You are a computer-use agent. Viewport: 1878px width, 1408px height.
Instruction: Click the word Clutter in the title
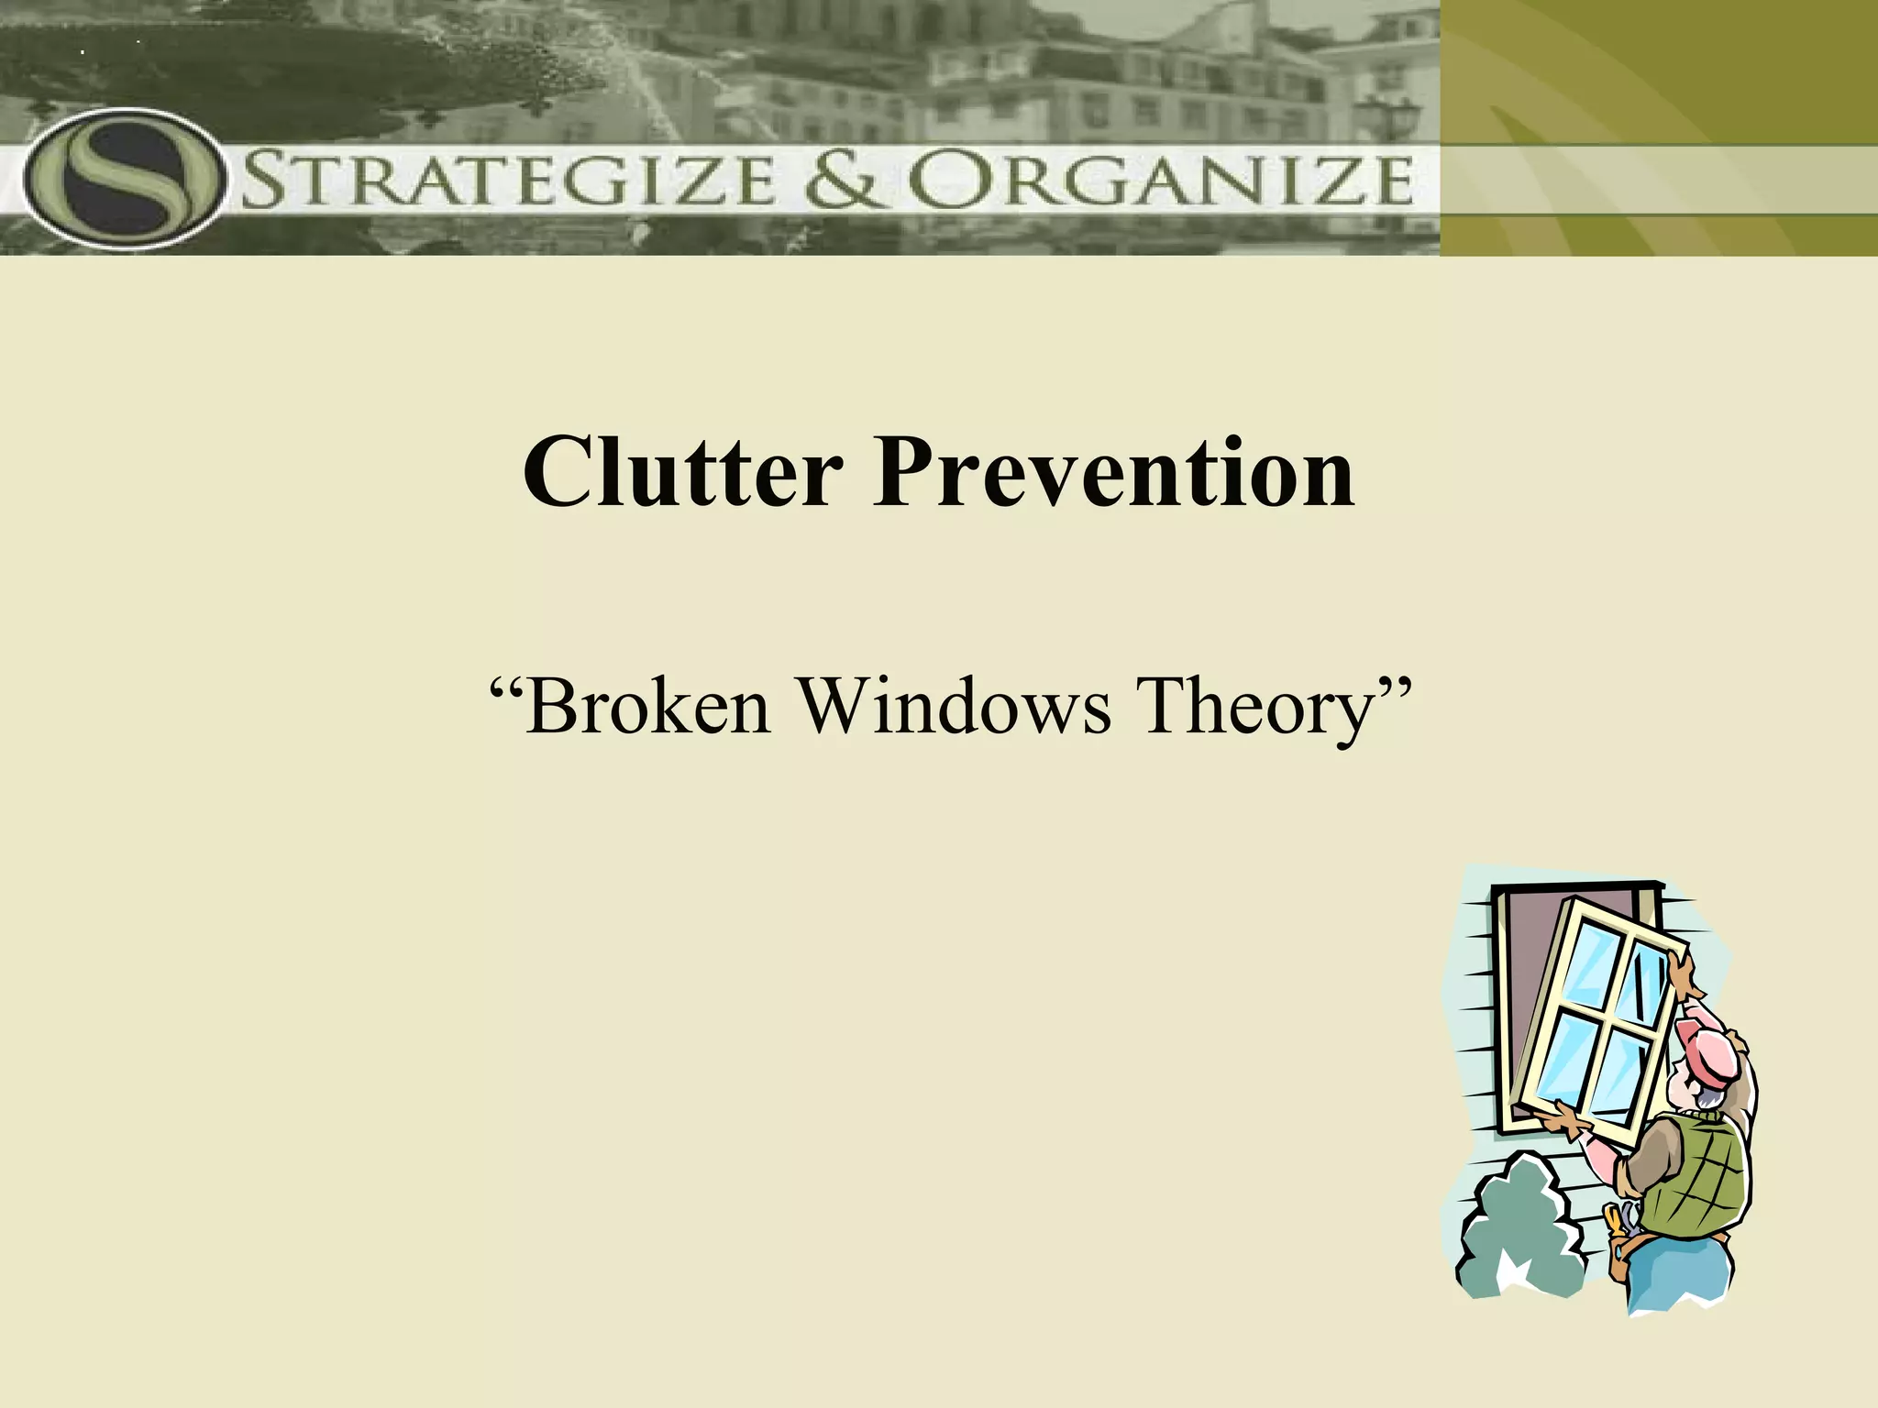click(682, 474)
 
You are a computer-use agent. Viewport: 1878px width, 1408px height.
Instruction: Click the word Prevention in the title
click(1112, 474)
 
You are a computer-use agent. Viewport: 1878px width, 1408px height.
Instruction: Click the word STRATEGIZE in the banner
click(509, 181)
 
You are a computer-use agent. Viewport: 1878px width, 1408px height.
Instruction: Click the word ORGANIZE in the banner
click(1160, 181)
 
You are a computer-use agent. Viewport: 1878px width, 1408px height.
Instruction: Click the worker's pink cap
click(1713, 1054)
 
